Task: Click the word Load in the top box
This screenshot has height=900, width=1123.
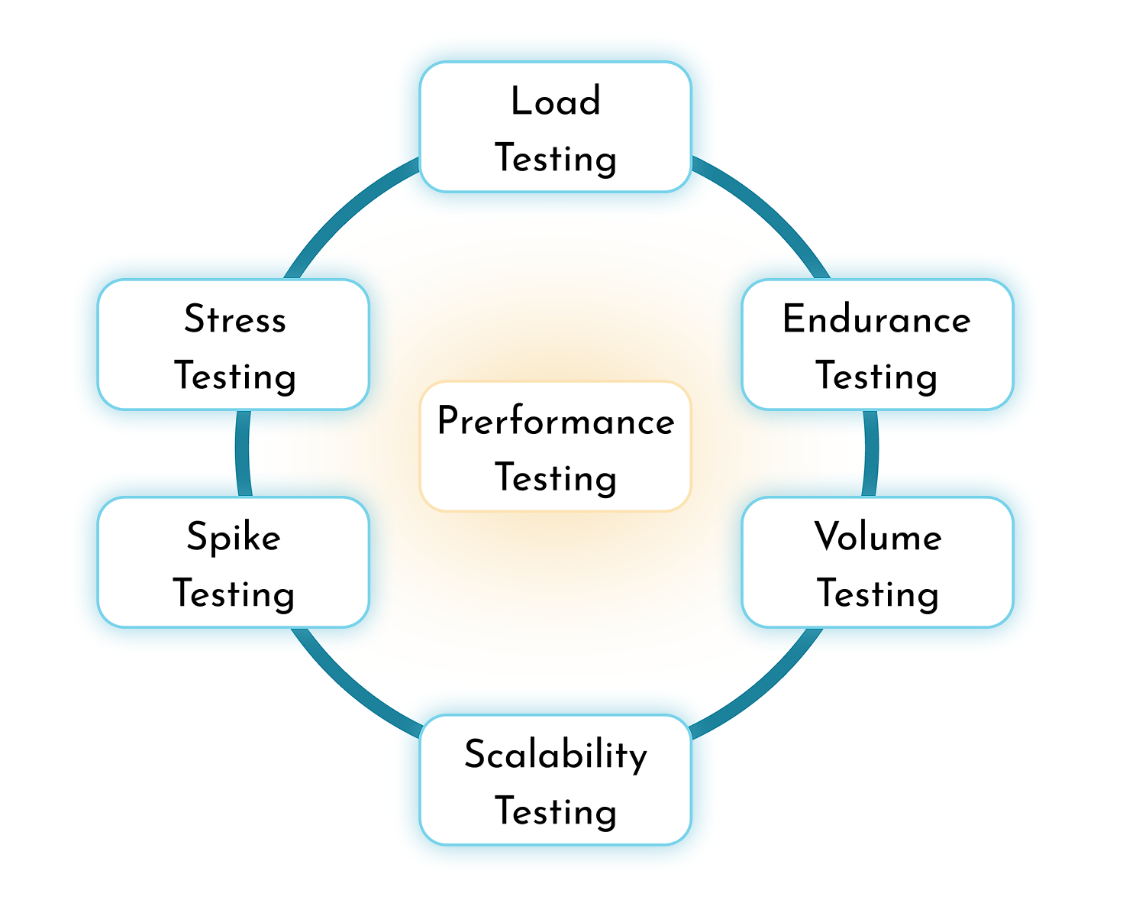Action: (556, 102)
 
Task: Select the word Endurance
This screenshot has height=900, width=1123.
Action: (876, 319)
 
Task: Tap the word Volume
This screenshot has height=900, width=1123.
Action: (878, 537)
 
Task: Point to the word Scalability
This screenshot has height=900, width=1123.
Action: (556, 755)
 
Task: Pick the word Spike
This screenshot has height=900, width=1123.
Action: (234, 537)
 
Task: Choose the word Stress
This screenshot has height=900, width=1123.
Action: (234, 319)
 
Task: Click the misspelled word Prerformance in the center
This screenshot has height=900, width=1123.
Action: (556, 422)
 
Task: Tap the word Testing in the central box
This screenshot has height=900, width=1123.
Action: (556, 479)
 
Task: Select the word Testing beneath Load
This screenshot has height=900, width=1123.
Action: (556, 159)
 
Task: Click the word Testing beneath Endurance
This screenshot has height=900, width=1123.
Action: (876, 377)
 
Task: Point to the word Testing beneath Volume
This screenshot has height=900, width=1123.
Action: (878, 594)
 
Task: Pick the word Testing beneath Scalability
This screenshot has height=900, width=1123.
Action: (556, 812)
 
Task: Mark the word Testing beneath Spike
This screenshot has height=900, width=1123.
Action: (234, 594)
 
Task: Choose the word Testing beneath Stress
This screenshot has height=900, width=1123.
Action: (234, 377)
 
